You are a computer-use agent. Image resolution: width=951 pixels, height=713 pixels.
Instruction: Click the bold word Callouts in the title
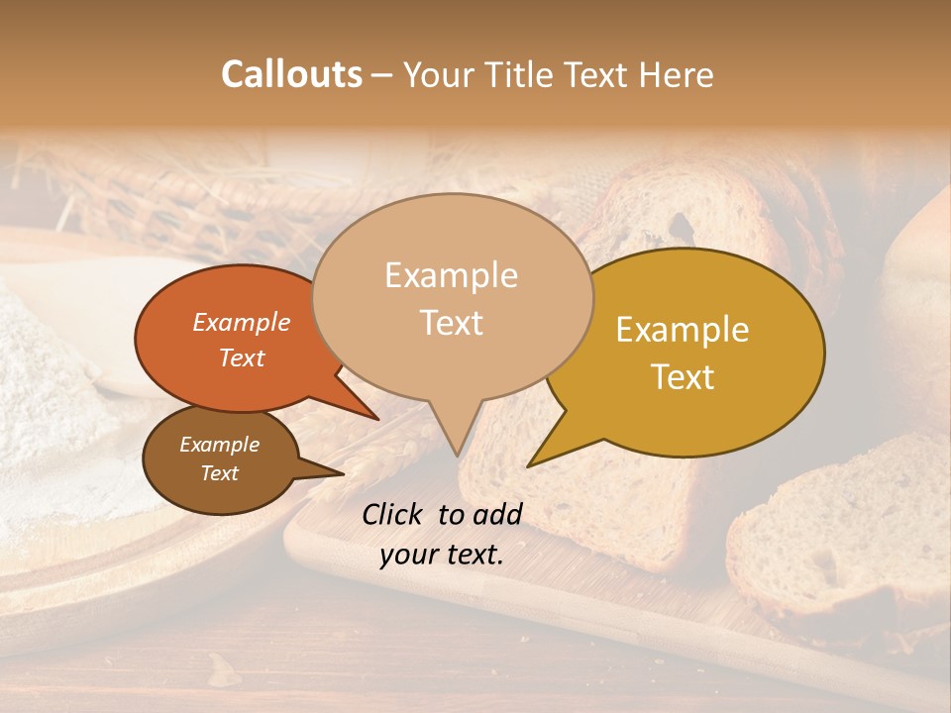pos(291,74)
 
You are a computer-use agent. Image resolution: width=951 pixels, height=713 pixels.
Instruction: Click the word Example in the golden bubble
pos(682,330)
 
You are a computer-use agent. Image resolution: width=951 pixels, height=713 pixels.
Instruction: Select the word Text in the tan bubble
pos(452,323)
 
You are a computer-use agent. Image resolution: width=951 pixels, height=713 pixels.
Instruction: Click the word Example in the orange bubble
pos(241,322)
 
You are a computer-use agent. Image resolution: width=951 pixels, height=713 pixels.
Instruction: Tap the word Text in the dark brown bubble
pos(219,473)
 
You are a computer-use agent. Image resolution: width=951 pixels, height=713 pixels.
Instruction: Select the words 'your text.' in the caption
pos(442,555)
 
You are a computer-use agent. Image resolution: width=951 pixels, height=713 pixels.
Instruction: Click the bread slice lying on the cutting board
pos(832,535)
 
